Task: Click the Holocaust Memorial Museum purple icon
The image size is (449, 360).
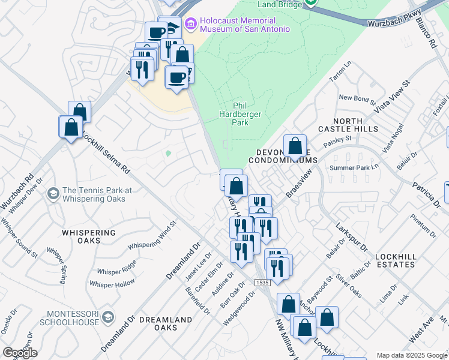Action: (x=191, y=24)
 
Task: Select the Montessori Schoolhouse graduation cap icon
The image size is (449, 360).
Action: (x=108, y=316)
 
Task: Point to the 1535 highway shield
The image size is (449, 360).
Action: (x=262, y=282)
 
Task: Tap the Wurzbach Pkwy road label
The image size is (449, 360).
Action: (x=394, y=17)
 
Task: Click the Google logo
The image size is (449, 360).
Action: (x=20, y=353)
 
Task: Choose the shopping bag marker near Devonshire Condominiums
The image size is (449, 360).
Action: (x=295, y=146)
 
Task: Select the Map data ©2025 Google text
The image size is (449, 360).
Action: (x=412, y=355)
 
